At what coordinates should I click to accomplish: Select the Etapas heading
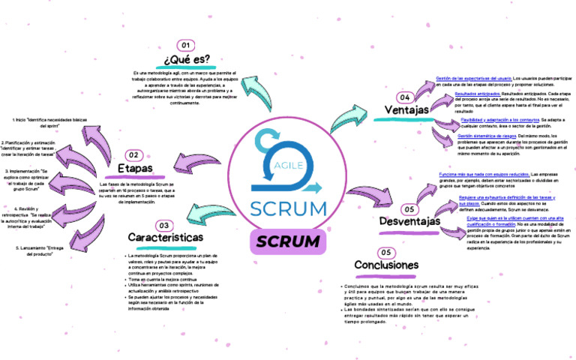click(x=135, y=169)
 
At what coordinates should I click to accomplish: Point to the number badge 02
click(x=133, y=154)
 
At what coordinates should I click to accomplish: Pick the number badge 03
click(x=164, y=225)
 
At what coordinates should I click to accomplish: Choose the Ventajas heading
click(x=406, y=111)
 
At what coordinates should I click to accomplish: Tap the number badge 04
click(x=405, y=97)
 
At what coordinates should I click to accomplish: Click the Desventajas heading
click(x=409, y=222)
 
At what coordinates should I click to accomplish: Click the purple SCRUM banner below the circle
click(x=288, y=241)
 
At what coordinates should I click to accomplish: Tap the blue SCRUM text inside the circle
click(x=288, y=208)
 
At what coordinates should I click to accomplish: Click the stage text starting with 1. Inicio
click(x=45, y=123)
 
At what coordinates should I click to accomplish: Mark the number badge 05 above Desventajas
click(x=409, y=209)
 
